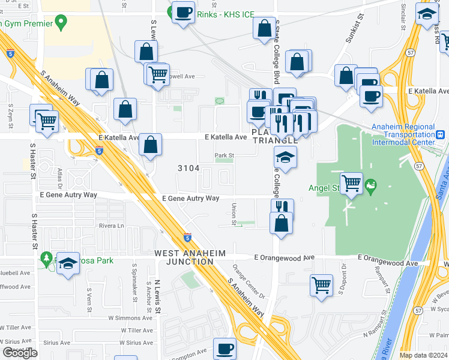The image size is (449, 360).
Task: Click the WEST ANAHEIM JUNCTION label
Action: coord(184,257)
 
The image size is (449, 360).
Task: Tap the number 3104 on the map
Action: coord(188,168)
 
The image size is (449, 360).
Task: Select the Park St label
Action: coord(224,155)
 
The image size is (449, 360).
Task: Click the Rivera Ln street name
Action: coord(112,226)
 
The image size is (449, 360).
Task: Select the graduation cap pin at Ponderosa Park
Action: coord(68,262)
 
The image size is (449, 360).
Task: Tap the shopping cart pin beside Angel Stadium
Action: coord(351,182)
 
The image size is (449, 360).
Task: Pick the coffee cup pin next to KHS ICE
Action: coord(184,11)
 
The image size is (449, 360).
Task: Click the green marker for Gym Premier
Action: coord(60,23)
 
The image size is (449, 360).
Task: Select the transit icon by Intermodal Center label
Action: coord(440,134)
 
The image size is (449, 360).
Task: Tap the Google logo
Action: coord(20,353)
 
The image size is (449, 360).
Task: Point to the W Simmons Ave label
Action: coord(137,317)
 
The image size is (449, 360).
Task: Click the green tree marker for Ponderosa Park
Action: coord(47,259)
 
